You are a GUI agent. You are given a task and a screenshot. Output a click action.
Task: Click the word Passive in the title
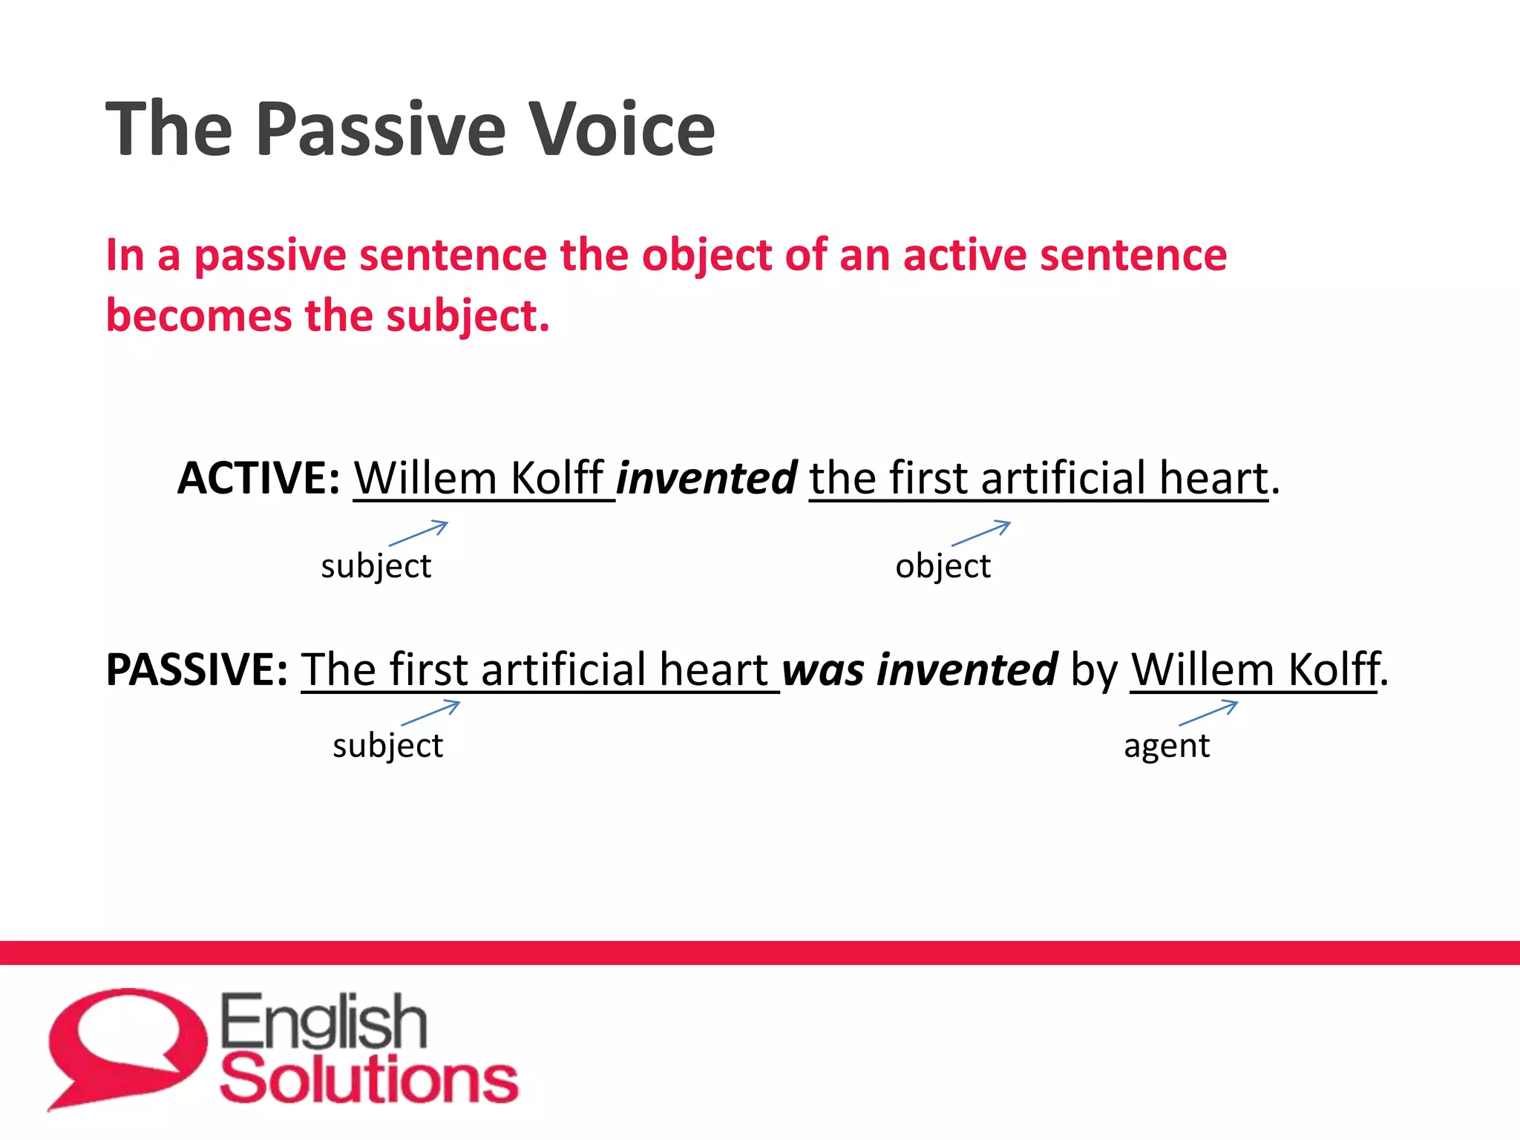click(383, 130)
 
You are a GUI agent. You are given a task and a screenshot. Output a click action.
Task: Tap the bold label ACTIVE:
click(259, 477)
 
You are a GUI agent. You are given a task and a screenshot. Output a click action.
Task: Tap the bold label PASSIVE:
click(197, 669)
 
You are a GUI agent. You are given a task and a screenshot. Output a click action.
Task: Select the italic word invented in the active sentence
click(707, 478)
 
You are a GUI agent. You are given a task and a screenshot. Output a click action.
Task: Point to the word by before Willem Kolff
click(1094, 672)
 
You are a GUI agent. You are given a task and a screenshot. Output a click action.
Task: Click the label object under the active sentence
click(943, 566)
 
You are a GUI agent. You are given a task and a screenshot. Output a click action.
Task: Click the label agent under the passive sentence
click(1167, 746)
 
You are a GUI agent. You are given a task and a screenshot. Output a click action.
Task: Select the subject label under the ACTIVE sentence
click(376, 566)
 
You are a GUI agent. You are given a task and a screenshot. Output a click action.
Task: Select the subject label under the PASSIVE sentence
click(387, 746)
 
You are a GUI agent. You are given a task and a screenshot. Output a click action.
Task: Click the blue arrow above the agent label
click(1208, 712)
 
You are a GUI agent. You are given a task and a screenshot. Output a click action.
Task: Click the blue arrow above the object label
click(981, 533)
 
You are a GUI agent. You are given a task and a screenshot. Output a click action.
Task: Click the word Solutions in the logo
click(369, 1079)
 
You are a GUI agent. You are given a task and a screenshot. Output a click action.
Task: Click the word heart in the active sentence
click(1213, 478)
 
